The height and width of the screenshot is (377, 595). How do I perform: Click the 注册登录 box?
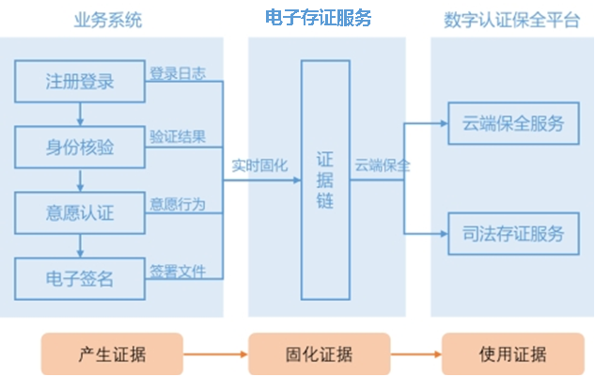pos(79,81)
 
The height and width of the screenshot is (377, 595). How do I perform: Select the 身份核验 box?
pos(79,147)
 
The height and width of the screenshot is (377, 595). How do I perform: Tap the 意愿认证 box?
pos(79,212)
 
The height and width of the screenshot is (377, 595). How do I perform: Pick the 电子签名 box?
pos(79,277)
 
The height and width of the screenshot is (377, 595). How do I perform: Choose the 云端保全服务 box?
pos(513,123)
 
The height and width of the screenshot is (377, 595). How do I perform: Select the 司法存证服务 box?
pos(513,234)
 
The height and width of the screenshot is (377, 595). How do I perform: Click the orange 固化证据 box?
pos(319,354)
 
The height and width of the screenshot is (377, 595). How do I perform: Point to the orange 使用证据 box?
pos(512,354)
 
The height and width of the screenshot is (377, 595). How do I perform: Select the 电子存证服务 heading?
pos(319,18)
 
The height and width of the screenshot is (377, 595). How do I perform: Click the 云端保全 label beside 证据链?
pos(383,164)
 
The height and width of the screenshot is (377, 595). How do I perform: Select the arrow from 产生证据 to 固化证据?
pos(215,354)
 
